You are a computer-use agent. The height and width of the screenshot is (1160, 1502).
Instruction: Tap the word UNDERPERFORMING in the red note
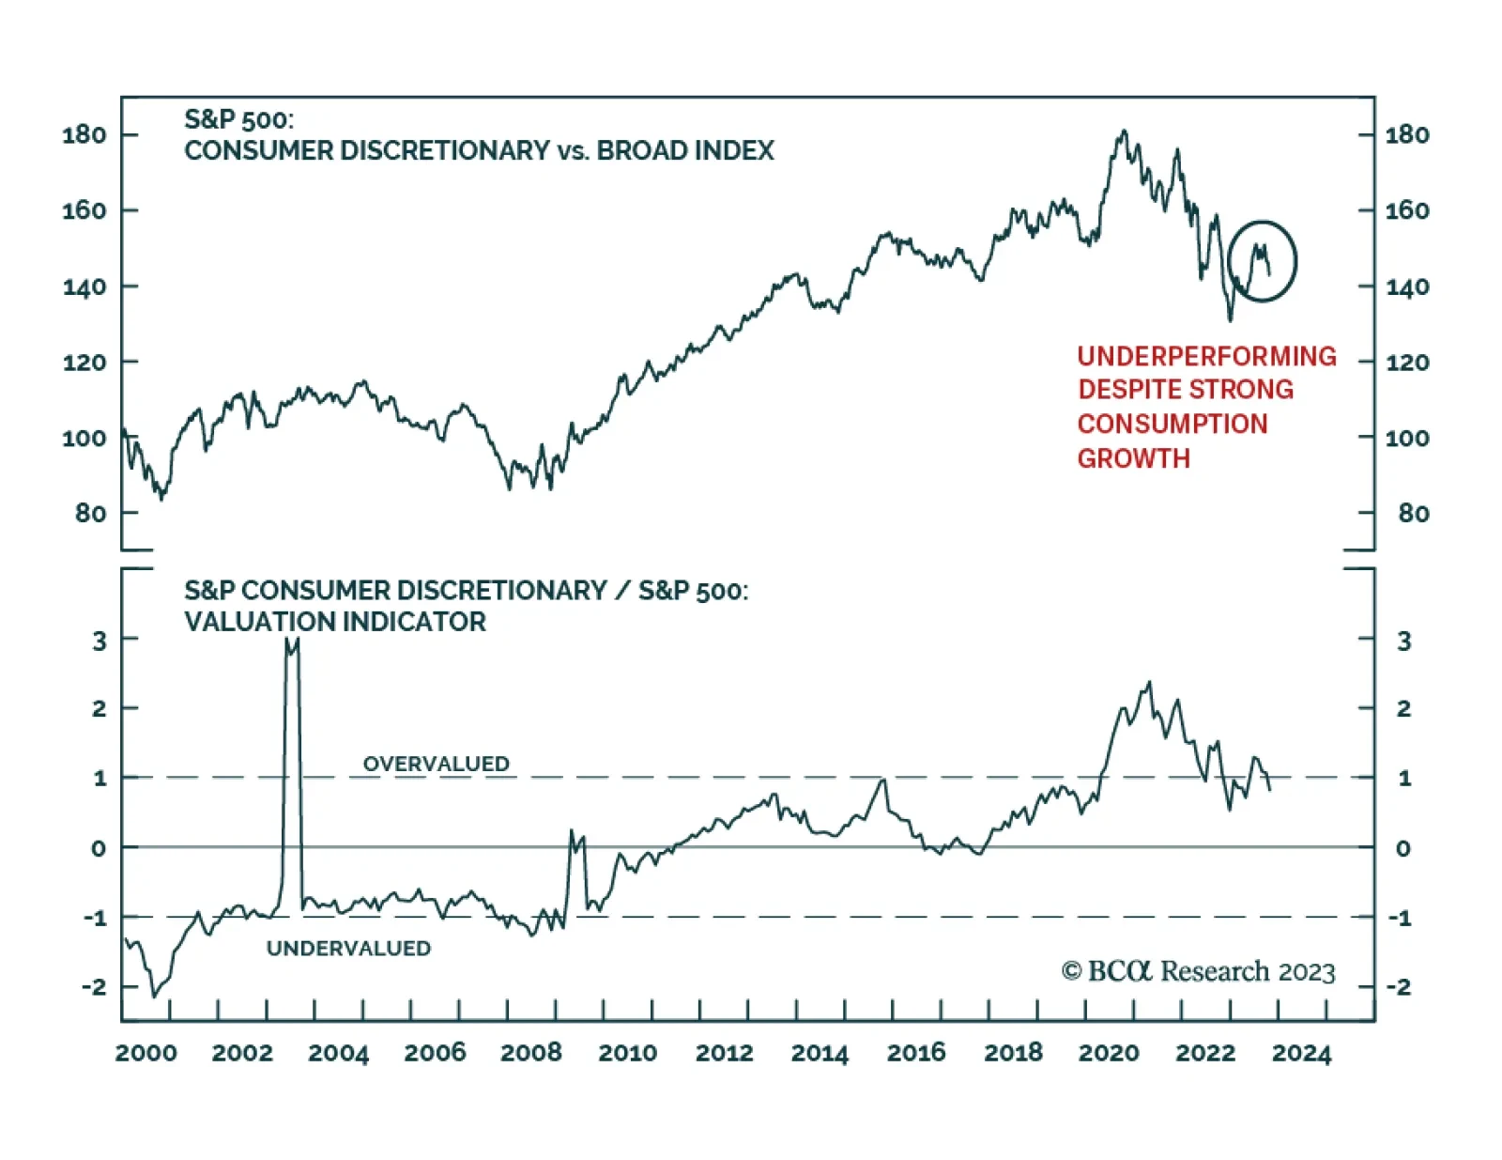click(x=1206, y=356)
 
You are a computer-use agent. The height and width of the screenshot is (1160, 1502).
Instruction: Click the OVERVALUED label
click(x=436, y=764)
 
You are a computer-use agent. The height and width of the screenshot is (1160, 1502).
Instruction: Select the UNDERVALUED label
click(x=348, y=948)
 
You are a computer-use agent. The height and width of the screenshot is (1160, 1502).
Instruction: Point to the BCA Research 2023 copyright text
click(x=1198, y=971)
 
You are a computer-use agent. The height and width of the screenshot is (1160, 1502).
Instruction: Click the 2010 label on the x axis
click(x=627, y=1053)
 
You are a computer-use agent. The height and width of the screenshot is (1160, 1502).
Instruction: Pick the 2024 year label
click(x=1301, y=1053)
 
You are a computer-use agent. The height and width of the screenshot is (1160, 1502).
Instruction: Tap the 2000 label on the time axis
click(x=146, y=1053)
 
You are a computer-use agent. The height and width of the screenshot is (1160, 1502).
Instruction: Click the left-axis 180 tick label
click(x=84, y=134)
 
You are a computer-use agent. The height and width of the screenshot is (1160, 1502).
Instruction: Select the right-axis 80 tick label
click(x=1413, y=513)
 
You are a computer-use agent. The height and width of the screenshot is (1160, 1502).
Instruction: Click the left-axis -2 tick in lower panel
click(x=93, y=986)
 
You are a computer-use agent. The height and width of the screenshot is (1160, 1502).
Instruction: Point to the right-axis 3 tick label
click(x=1403, y=641)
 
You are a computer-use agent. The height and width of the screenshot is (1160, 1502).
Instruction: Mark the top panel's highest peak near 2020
click(x=1124, y=131)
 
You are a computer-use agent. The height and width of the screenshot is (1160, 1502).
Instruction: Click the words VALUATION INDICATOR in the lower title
click(x=335, y=622)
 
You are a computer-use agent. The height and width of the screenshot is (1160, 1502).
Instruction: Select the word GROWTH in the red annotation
click(x=1133, y=458)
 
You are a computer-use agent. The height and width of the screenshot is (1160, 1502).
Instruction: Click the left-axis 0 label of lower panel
click(x=98, y=848)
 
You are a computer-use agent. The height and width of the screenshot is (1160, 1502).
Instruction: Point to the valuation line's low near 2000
click(x=155, y=996)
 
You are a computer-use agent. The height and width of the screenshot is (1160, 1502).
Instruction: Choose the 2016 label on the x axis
click(x=916, y=1053)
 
